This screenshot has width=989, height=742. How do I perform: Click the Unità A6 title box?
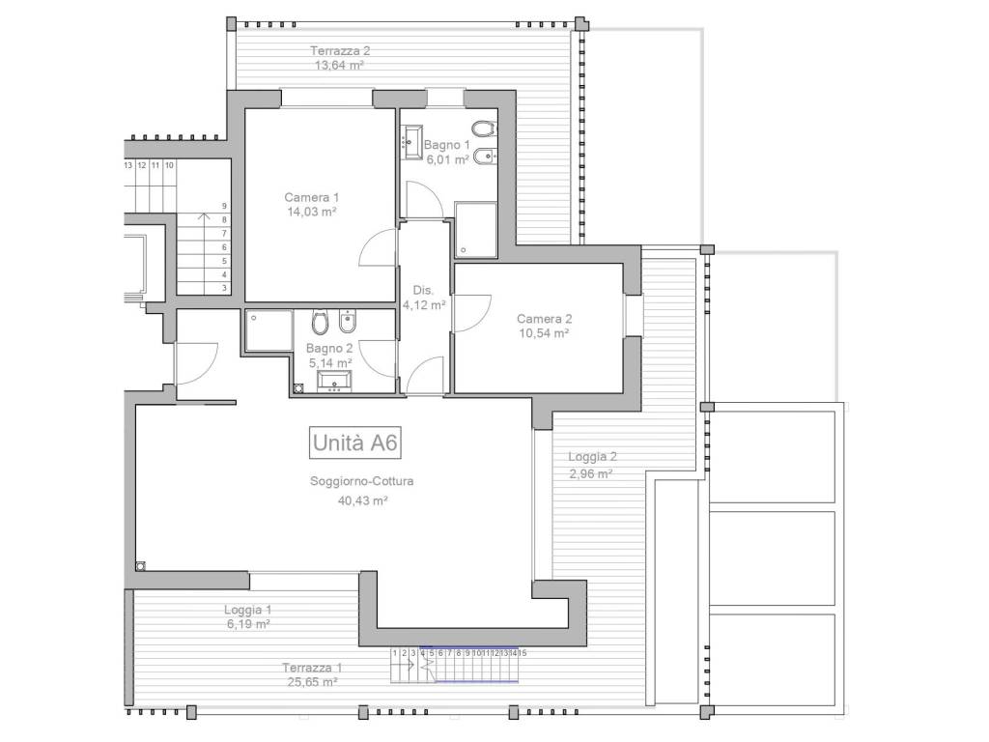355,442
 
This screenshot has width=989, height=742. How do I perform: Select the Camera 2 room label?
545,319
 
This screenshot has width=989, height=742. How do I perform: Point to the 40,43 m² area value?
362,501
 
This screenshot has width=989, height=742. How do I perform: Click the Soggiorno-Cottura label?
362,481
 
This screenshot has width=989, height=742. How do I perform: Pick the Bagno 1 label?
446,145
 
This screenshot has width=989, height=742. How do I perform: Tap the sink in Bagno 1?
411,139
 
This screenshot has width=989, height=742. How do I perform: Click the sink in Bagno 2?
334,382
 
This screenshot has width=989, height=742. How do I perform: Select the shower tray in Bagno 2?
269,330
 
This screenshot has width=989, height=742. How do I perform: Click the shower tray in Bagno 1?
476,230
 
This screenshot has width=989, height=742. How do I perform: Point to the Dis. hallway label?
424,290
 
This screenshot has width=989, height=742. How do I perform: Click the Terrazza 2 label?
340,51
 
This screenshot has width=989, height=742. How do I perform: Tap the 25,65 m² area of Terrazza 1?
310,682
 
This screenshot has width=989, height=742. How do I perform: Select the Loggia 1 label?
248,611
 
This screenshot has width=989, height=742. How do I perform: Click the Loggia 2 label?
592,457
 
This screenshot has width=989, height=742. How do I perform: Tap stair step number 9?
224,206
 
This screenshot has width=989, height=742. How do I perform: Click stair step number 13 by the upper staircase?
128,165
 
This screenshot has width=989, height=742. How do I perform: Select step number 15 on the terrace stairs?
523,653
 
